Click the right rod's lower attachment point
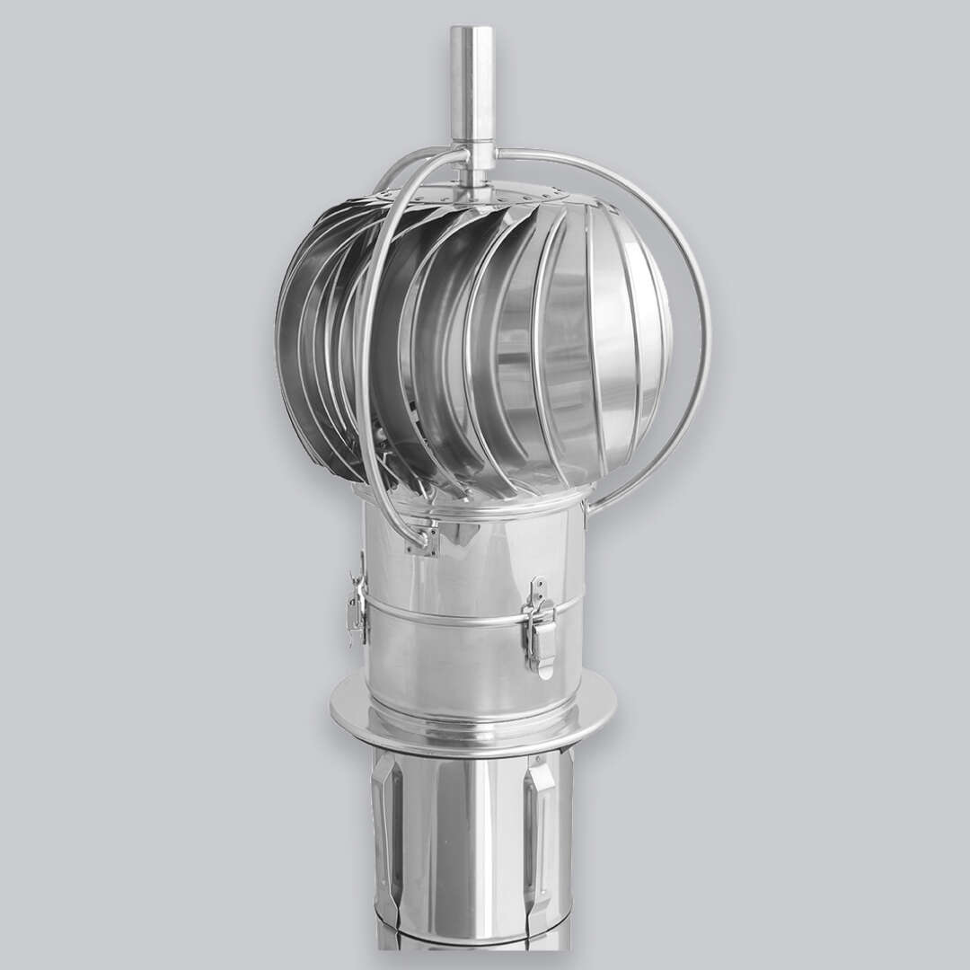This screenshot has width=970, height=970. tap(585, 513)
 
